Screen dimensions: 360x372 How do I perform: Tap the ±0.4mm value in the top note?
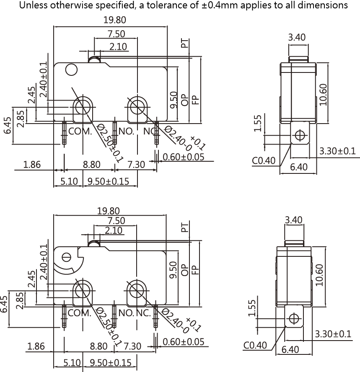[x=220, y=5]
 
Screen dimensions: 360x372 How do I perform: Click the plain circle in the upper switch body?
[x=71, y=70]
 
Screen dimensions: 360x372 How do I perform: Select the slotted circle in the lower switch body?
[x=66, y=257]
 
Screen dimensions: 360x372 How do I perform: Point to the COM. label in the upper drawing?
[x=80, y=131]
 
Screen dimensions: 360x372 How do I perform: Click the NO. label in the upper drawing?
[x=126, y=131]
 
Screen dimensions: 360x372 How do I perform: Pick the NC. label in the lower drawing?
[x=143, y=313]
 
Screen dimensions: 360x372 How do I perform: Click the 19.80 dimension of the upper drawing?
[x=114, y=20]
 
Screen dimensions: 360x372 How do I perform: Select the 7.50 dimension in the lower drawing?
[x=116, y=221]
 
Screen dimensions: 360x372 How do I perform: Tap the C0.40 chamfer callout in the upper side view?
[x=264, y=160]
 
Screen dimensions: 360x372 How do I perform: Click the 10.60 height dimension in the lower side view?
[x=320, y=275]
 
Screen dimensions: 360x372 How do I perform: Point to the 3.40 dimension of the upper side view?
[x=297, y=37]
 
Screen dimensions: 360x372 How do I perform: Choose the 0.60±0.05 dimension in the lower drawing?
[x=184, y=342]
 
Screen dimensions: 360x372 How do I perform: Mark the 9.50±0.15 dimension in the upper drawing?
[x=109, y=181]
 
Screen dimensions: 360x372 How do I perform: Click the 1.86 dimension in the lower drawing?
[x=36, y=346]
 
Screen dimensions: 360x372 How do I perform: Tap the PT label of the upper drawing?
[x=185, y=44]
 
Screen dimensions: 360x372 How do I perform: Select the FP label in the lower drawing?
[x=195, y=270]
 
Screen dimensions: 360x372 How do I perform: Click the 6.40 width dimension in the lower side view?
[x=290, y=349]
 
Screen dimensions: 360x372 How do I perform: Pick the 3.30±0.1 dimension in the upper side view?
[x=337, y=151]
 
